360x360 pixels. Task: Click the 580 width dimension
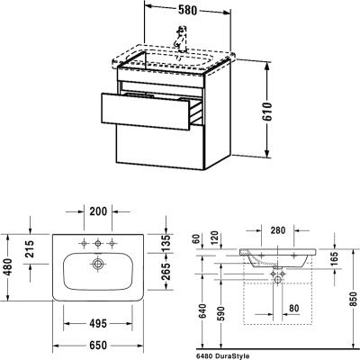click(x=187, y=10)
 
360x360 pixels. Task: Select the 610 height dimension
click(x=267, y=112)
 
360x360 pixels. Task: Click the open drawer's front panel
click(x=146, y=112)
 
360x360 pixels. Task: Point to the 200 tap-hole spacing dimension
click(x=98, y=211)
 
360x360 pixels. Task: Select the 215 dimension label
click(x=30, y=249)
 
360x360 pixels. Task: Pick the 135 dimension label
click(x=166, y=244)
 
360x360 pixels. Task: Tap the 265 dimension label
click(x=166, y=271)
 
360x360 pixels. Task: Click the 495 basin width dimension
click(x=98, y=324)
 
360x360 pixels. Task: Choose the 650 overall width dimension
click(x=98, y=346)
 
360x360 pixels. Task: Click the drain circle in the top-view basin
click(x=97, y=265)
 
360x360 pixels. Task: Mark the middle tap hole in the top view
click(x=97, y=243)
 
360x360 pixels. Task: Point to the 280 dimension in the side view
click(x=277, y=230)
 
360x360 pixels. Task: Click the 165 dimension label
click(x=334, y=259)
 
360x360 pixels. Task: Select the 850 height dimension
click(x=355, y=300)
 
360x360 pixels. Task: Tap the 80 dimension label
click(x=294, y=308)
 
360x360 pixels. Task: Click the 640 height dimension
click(x=202, y=312)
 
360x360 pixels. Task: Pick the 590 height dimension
click(x=220, y=314)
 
